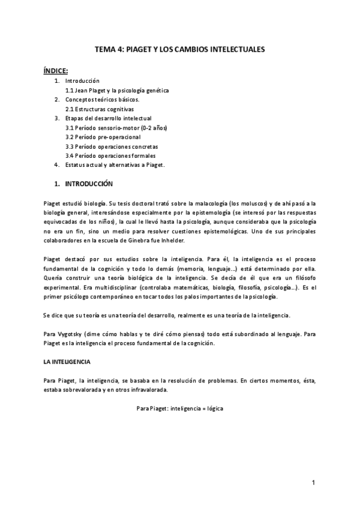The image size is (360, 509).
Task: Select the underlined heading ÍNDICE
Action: coord(56,70)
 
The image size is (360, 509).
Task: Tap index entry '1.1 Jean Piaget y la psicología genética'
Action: coord(117,90)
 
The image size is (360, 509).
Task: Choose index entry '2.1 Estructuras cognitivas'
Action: coord(100,109)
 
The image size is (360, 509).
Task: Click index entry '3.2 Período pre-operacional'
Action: coord(103,137)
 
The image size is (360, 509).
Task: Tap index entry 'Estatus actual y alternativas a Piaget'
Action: coord(115,165)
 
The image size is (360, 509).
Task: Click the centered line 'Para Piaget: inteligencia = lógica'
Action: coord(180,408)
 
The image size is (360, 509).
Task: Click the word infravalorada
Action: coord(134,389)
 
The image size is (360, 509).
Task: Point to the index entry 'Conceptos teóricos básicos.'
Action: coord(102,100)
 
